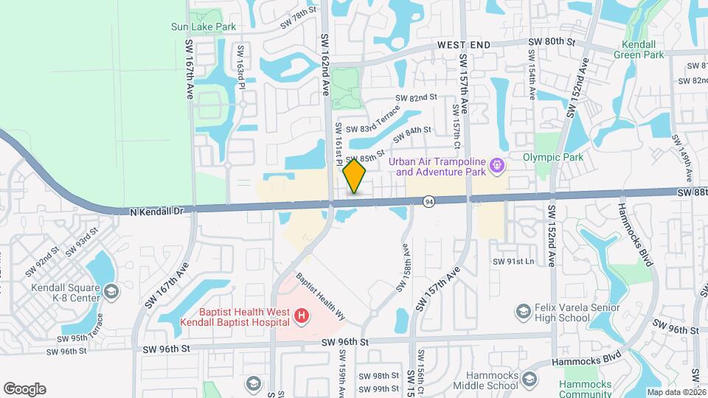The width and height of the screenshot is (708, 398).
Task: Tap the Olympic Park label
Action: [552, 157]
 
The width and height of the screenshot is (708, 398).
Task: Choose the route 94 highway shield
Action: [428, 200]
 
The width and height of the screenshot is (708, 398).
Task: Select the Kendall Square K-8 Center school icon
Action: [111, 293]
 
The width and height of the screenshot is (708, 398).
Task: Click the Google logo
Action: [24, 388]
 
